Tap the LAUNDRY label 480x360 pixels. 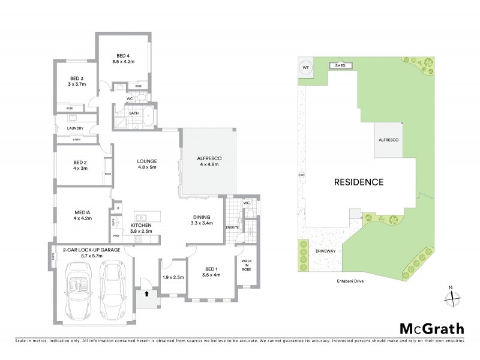pyautogui.click(x=75, y=128)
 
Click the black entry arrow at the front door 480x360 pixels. pyautogui.click(x=145, y=295)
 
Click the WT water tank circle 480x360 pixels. pyautogui.click(x=305, y=68)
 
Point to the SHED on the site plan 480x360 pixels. pyautogui.click(x=340, y=65)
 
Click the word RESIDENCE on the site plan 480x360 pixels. pyautogui.click(x=359, y=181)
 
